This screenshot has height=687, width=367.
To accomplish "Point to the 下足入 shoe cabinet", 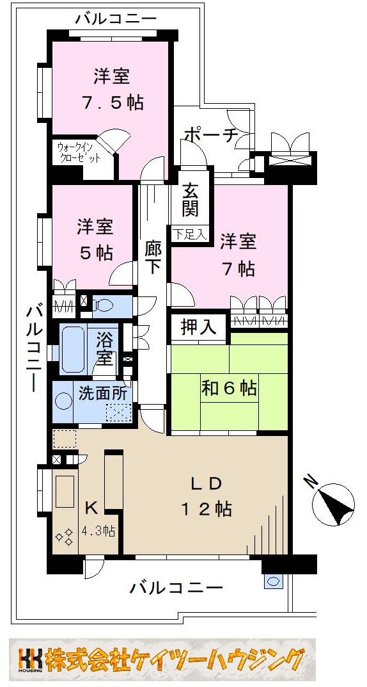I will click(189, 234).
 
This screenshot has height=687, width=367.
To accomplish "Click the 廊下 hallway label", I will click(153, 257).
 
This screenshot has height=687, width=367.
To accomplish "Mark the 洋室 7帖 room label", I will click(238, 254).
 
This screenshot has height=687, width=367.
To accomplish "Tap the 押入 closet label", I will click(198, 328).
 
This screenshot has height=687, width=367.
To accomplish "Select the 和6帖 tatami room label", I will click(230, 389).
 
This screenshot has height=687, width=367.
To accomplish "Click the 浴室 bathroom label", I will click(105, 348).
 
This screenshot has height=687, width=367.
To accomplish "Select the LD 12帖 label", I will click(205, 496).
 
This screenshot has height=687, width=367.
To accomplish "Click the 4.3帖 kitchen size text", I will click(99, 530).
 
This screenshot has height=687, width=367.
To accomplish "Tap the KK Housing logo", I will click(31, 659).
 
